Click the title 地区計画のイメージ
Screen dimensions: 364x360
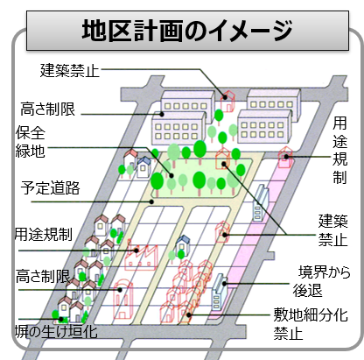pyautogui.click(x=187, y=31)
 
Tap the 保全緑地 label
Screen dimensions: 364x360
pyautogui.click(x=30, y=142)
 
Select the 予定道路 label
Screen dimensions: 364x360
pyautogui.click(x=50, y=187)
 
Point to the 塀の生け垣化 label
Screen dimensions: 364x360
pyautogui.click(x=56, y=332)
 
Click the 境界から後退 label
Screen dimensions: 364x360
pyautogui.click(x=322, y=281)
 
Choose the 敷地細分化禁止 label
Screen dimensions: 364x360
pyautogui.click(x=311, y=324)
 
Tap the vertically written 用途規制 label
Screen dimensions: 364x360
pyautogui.click(x=339, y=150)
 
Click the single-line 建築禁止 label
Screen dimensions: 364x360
pyautogui.click(x=70, y=71)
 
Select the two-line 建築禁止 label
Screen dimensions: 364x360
pyautogui.click(x=332, y=230)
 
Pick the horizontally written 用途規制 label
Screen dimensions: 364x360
pyautogui.click(x=44, y=235)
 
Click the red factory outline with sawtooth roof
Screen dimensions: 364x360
pyautogui.click(x=141, y=255)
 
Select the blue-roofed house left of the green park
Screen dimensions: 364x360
pyautogui.click(x=143, y=167)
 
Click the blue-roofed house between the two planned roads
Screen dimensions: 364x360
pyautogui.click(x=183, y=245)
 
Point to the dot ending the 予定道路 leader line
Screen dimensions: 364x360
pyautogui.click(x=151, y=201)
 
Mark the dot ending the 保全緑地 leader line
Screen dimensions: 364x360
pyautogui.click(x=171, y=176)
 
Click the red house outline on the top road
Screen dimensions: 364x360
pyautogui.click(x=227, y=101)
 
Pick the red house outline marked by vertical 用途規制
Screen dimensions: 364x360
pyautogui.click(x=285, y=158)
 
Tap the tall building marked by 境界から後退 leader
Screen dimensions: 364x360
pyautogui.click(x=220, y=291)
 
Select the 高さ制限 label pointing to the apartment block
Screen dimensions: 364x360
pyautogui.click(x=48, y=109)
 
